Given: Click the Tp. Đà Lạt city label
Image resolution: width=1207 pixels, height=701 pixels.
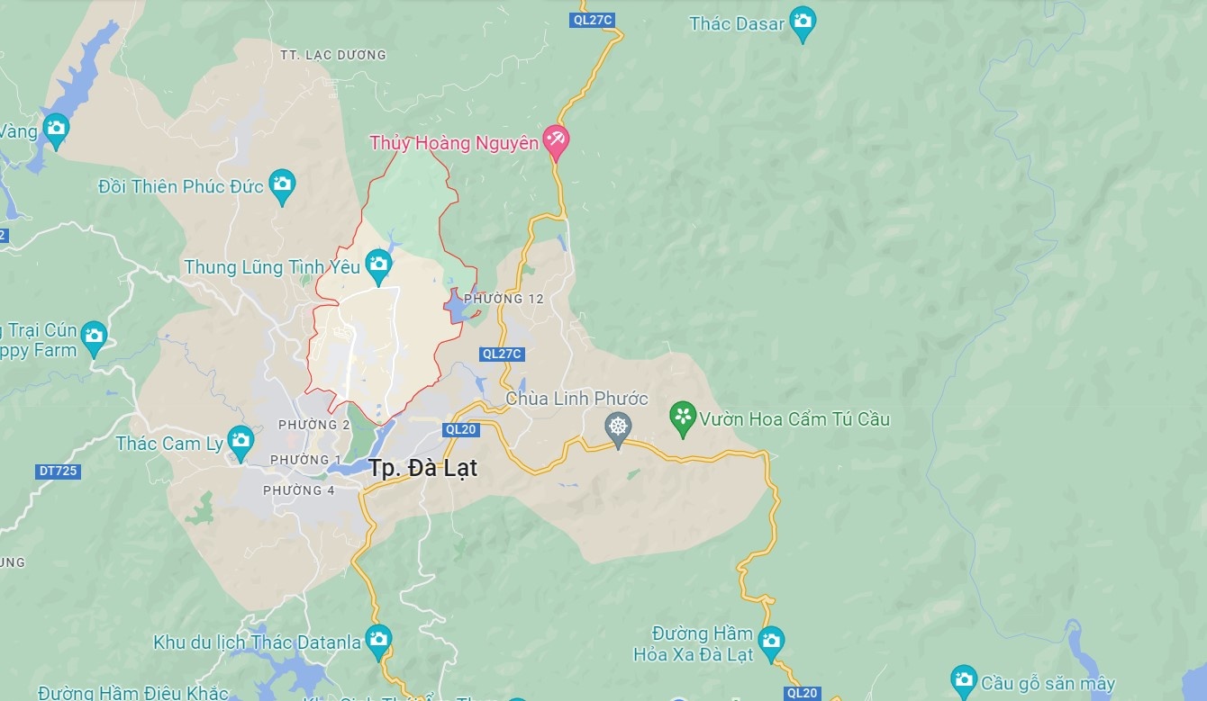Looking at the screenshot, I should pos(422,468).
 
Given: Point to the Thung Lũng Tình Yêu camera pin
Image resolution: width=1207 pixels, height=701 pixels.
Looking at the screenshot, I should pos(378,265).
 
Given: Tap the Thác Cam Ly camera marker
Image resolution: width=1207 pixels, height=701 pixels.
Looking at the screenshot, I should pos(240,441).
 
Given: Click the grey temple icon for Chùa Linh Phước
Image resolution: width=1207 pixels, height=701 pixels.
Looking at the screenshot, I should pos(618,427).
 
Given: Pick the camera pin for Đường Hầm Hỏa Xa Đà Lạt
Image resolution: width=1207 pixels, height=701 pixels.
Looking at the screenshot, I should pos(770,642).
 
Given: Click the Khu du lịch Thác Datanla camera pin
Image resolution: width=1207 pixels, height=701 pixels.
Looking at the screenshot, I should pos(378,639).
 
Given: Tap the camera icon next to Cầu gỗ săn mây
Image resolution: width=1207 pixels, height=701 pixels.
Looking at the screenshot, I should pos(964,679).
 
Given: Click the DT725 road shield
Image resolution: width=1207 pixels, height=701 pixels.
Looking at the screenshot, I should pos(59,471).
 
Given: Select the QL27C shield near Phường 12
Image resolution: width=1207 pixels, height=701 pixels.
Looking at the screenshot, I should pos(502,354).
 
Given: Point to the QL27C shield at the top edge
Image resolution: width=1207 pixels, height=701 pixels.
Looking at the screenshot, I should pos(592,20).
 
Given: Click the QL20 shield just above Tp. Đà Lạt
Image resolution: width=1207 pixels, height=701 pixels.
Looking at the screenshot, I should pos(460,429).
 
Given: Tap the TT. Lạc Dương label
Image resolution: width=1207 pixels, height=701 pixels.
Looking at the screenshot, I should pos(332,55).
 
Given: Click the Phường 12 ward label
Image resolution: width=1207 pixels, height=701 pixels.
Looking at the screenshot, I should pos(504,299).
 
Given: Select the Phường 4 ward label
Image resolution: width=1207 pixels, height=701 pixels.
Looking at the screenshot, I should pos(299,490).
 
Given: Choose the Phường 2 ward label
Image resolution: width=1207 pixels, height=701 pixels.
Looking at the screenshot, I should pos(314,425).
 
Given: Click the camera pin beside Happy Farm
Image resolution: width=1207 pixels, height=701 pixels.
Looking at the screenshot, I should pos(94,337).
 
